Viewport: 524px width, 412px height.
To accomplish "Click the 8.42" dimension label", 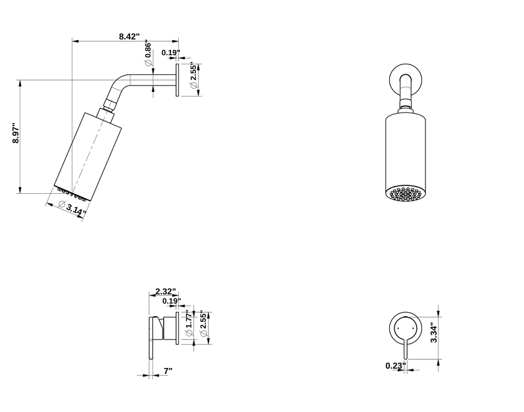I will [129, 37].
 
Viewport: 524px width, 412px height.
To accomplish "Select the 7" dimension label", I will [168, 371].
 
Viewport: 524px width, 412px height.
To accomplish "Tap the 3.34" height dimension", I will [433, 332].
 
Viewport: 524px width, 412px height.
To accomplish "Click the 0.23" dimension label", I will [396, 365].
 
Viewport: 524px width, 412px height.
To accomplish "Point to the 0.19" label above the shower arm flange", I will [170, 52].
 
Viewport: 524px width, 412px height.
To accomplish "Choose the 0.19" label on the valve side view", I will [171, 301].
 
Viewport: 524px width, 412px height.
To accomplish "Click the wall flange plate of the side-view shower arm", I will [177, 80].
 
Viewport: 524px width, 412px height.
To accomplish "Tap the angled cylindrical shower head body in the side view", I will [87, 154].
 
